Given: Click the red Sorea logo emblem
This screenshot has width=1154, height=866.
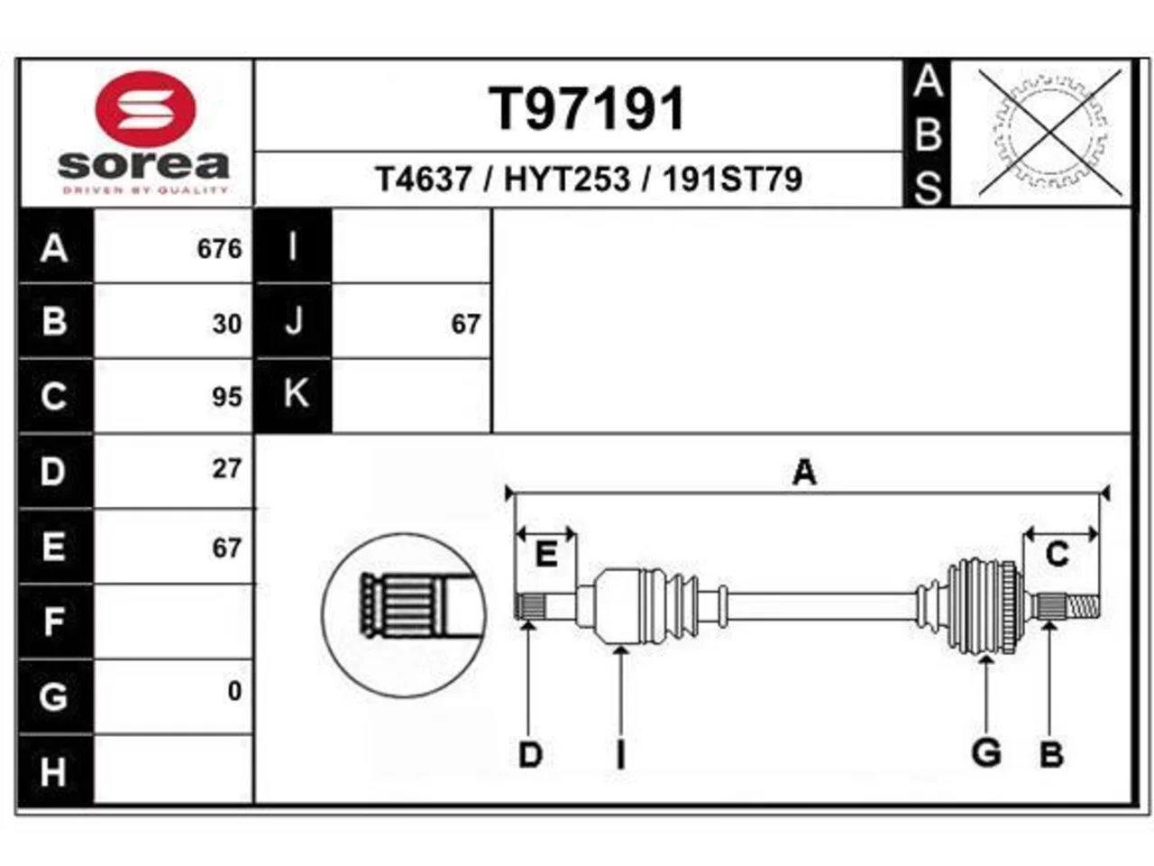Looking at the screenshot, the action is tap(145, 109).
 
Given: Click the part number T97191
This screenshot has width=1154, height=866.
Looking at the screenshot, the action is tap(587, 109).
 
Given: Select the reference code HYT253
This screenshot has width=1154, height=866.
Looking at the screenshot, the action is tap(567, 179).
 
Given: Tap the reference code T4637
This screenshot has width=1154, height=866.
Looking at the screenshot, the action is tap(424, 179).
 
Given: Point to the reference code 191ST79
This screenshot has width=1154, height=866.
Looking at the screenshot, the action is tap(732, 179).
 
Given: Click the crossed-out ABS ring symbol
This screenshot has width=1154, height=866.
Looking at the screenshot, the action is tap(1049, 133).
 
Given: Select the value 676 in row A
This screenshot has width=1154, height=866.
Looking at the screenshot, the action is tap(219, 249).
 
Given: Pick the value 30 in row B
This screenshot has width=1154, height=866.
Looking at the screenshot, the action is tap(227, 324).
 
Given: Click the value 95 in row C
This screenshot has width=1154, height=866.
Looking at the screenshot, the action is tap(227, 397).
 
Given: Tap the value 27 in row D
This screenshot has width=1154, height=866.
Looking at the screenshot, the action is tap(227, 468).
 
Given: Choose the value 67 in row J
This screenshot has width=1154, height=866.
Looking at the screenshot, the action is tap(466, 324).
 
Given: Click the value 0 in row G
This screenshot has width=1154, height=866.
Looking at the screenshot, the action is tap(235, 690).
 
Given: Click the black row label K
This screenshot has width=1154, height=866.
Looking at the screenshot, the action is tap(293, 395).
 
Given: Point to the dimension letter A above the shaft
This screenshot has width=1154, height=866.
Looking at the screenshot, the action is tap(804, 472).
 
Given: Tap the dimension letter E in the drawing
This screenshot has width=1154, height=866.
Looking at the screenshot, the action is tap(546, 554).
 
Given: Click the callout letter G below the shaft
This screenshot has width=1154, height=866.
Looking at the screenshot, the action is tap(986, 753).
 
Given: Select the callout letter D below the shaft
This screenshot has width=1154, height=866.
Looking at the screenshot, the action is tap(530, 755).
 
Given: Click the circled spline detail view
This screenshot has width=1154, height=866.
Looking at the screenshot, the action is tap(403, 615).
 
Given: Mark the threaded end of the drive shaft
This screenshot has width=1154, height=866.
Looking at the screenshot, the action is tap(1084, 606).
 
